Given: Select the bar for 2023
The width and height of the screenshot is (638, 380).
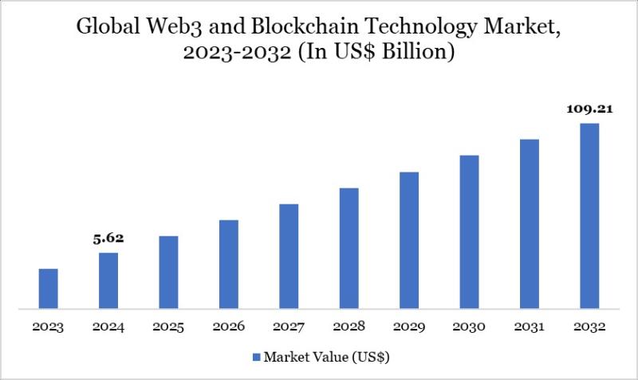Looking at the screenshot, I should (x=49, y=288).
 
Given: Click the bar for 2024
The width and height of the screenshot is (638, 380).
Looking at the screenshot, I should (x=108, y=280).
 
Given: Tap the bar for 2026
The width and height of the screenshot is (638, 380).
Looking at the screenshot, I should (x=229, y=263).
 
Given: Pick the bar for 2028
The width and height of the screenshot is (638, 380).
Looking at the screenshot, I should (x=349, y=247).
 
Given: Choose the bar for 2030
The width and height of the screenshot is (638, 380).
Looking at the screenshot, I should (x=469, y=232).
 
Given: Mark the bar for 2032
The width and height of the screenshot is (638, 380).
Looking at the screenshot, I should (x=589, y=216).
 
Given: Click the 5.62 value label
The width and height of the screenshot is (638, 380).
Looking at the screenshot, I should (x=108, y=238).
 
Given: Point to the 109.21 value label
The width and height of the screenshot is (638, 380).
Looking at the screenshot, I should (x=589, y=109).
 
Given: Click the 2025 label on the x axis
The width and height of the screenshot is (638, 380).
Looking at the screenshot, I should (x=168, y=327).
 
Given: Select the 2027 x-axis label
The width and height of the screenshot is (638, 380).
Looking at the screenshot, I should (x=289, y=327).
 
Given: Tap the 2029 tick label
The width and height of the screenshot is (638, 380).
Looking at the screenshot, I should (x=409, y=327).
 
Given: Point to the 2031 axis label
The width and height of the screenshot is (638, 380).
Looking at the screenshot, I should (x=530, y=327).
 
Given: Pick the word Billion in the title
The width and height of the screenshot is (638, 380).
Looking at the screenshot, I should (x=418, y=54).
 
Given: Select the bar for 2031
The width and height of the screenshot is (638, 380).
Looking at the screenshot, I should (x=530, y=224).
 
